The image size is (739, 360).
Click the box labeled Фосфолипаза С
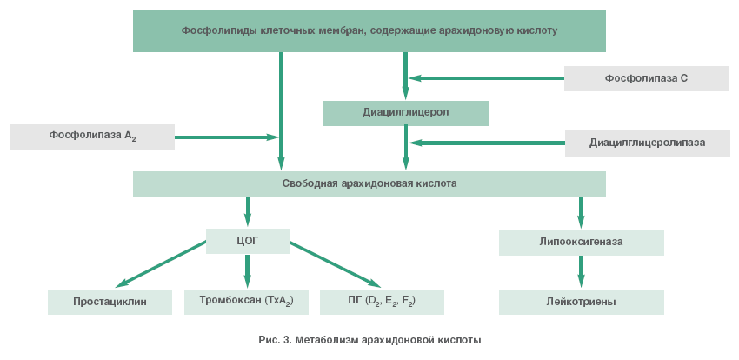tap(646, 78)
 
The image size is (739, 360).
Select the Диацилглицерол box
tap(405, 113)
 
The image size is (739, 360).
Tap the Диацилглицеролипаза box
tap(647, 143)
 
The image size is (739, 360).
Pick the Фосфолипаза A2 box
tap(92, 137)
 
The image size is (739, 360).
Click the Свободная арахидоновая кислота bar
tap(369, 183)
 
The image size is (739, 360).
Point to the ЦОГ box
tap(248, 241)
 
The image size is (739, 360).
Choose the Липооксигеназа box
tap(581, 242)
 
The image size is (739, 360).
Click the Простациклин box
tap(110, 302)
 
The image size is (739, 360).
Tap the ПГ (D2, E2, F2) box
tap(382, 301)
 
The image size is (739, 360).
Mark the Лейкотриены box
tap(581, 302)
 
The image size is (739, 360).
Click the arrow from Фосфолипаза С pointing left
tap(487, 78)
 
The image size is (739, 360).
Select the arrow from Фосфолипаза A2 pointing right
tap(226, 137)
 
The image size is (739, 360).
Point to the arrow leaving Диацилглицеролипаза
tap(488, 143)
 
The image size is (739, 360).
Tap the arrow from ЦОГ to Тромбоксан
tap(248, 270)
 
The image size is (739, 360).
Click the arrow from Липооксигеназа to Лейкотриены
tap(581, 271)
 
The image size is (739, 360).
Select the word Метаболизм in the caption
tap(325, 339)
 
